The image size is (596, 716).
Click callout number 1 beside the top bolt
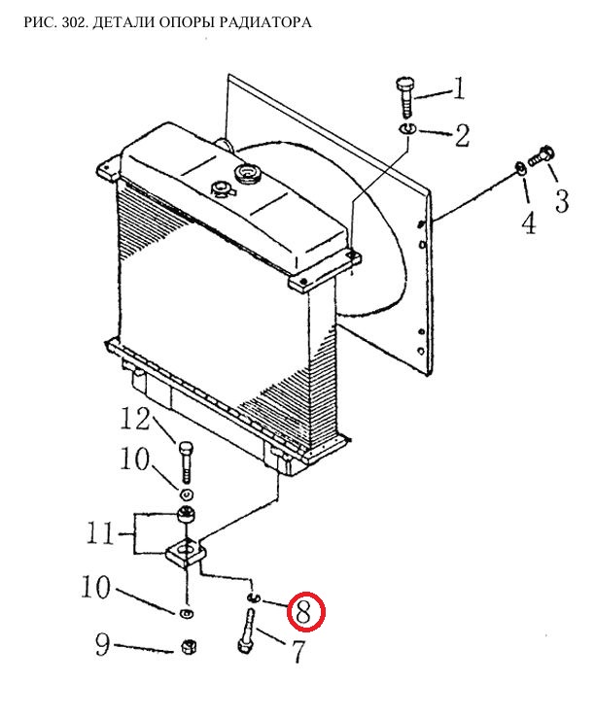coord(459,88)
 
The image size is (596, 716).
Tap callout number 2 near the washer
coord(462,136)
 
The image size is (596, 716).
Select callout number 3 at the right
coord(562,201)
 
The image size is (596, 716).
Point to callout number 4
coord(529,223)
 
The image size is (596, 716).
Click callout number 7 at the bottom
coord(298,652)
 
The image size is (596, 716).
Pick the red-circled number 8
coord(305,612)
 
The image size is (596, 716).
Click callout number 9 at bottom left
coord(103,644)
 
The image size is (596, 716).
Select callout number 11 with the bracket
coord(100,533)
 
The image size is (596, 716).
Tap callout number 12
coord(135,419)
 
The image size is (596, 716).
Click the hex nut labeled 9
coord(189,647)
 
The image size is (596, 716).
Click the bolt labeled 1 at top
coord(405,97)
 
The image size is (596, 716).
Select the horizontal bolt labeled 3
coord(542,156)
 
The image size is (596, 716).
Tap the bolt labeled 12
coord(186,462)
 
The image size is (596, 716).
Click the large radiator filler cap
coord(247,175)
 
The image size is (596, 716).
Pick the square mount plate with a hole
coord(186,554)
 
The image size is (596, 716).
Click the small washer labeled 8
coord(253,597)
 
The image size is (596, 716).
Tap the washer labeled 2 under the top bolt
coord(406,129)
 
